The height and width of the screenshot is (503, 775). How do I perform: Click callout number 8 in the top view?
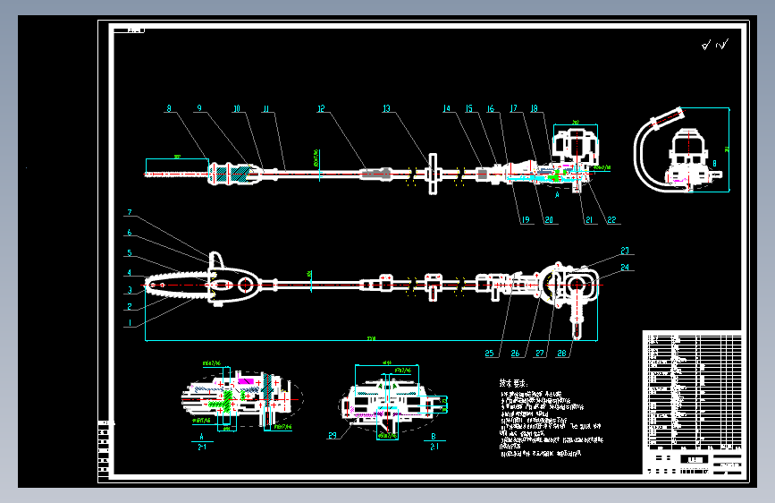168,108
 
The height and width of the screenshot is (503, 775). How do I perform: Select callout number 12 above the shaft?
320,108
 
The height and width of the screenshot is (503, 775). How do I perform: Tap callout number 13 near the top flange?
386,108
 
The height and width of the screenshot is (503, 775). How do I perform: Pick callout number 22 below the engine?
611,219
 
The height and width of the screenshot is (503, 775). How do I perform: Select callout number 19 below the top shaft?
523,219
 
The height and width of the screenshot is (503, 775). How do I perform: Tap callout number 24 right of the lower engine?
625,266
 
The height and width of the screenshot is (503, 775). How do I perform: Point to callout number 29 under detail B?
332,436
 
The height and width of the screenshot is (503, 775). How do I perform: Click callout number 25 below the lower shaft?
489,353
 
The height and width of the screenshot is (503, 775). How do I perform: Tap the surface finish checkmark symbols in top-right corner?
715,44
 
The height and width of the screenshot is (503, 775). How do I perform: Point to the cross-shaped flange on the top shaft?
433,171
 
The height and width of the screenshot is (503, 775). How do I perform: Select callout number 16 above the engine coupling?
491,108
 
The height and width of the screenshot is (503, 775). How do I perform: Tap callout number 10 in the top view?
236,108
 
